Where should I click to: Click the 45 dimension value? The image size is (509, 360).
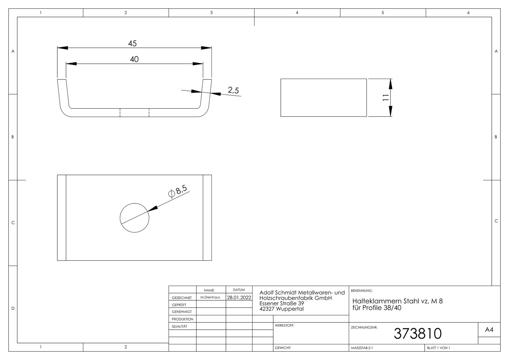click(132, 43)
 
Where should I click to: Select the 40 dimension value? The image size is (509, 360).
click(134, 59)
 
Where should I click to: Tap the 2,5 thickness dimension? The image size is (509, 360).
click(234, 90)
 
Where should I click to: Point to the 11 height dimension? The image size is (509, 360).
click(386, 98)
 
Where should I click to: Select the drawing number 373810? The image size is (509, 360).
click(418, 334)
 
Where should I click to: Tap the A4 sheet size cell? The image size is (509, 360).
click(489, 330)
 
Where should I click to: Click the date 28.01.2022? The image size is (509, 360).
click(239, 297)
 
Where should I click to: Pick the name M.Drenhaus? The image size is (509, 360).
click(210, 297)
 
